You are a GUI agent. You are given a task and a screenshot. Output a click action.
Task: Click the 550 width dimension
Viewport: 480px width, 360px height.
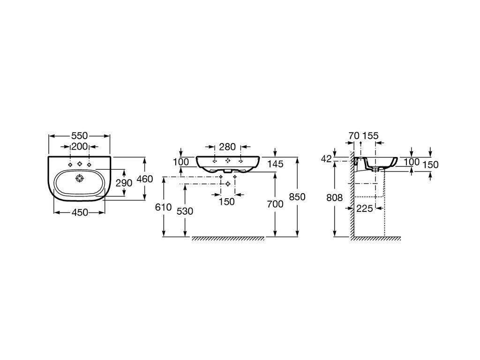[x=80, y=135]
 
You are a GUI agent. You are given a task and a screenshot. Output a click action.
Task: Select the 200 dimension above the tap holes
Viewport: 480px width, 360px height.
[x=80, y=147]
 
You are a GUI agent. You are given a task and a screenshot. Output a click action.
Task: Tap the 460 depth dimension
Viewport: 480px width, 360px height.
[x=144, y=179]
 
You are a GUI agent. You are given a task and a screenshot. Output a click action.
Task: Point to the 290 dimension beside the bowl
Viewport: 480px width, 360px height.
[x=124, y=183]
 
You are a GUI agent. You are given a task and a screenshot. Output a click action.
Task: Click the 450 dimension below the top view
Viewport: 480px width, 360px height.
[x=80, y=212]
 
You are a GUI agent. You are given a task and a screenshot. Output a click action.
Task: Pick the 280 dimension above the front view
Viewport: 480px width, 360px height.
[x=227, y=147]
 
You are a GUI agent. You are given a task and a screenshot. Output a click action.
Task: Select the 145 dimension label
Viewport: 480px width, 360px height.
[x=276, y=164]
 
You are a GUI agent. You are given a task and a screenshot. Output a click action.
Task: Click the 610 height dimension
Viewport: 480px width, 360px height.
[x=164, y=207]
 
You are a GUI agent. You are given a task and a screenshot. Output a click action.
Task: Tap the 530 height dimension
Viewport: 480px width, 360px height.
[x=185, y=211]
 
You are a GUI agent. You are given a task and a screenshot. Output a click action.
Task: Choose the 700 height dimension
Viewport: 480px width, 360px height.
[x=275, y=204]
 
